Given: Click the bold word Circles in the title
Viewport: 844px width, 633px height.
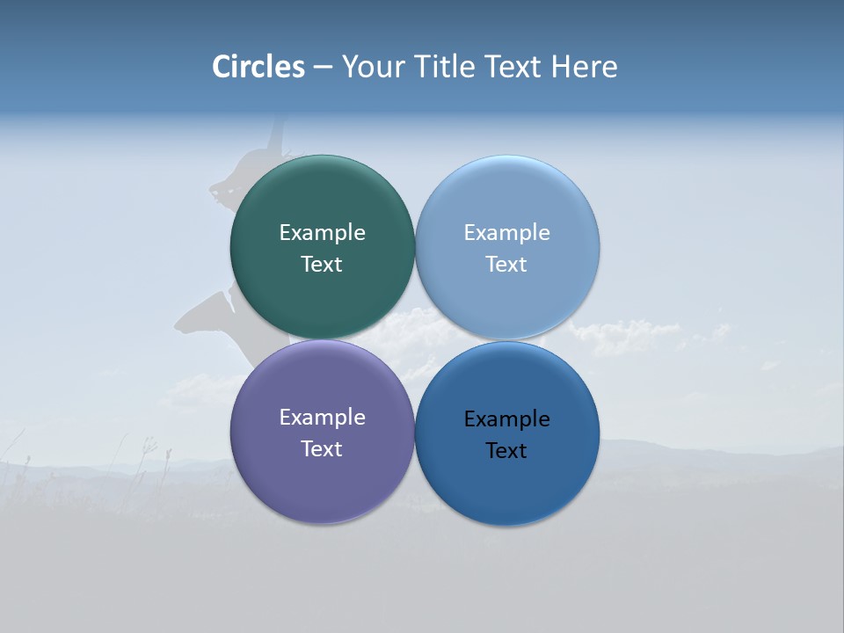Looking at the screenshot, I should point(258,67).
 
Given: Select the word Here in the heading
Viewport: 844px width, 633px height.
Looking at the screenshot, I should point(584,67).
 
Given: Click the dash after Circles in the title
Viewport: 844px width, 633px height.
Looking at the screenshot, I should point(322,68).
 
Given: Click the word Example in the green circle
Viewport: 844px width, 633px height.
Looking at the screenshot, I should point(322,232).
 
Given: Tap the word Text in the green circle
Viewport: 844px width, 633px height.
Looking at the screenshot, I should point(322,264).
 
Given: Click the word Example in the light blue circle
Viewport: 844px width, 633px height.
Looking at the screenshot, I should point(506,232).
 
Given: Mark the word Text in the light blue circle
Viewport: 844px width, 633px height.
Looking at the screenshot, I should point(506,264).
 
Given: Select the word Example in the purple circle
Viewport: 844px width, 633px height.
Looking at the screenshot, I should point(322,417).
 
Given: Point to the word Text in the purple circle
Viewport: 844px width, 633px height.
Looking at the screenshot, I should point(322,448).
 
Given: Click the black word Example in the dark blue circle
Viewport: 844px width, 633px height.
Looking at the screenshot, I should point(506,418).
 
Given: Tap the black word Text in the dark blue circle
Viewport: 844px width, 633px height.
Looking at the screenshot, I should point(506,450).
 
